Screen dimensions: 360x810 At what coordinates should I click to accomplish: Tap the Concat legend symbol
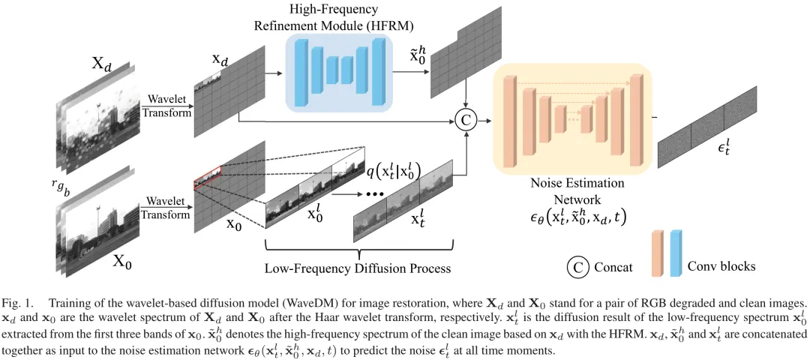(x=578, y=267)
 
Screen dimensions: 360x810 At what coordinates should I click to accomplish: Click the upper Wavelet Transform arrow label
(x=167, y=105)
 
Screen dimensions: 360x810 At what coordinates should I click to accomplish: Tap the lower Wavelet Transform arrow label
(x=167, y=208)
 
